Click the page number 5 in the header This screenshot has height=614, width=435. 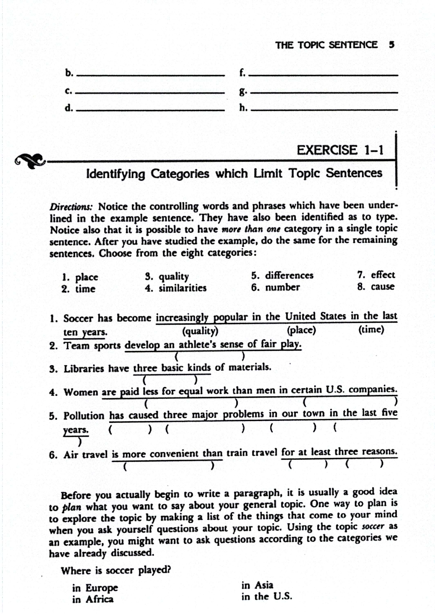click(392, 45)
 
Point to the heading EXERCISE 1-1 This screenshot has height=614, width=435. click(340, 150)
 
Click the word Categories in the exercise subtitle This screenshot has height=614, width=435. click(180, 174)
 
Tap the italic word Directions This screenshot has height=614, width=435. click(71, 207)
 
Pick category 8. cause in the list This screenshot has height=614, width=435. click(376, 287)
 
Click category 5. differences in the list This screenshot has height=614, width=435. click(282, 275)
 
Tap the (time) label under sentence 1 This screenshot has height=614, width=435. click(371, 329)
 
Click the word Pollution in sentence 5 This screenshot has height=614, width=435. click(84, 416)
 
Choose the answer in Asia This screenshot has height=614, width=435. click(257, 585)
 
